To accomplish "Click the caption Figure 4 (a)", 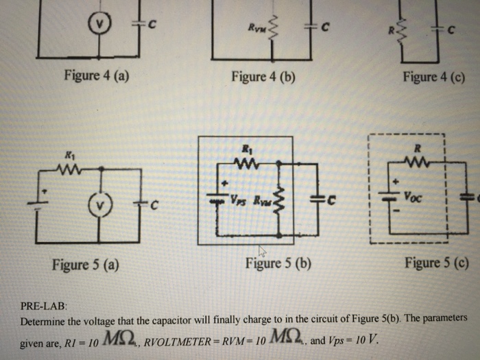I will click(x=96, y=75).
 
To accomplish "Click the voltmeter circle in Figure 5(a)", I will click(x=101, y=204).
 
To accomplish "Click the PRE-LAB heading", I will click(x=41, y=307).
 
